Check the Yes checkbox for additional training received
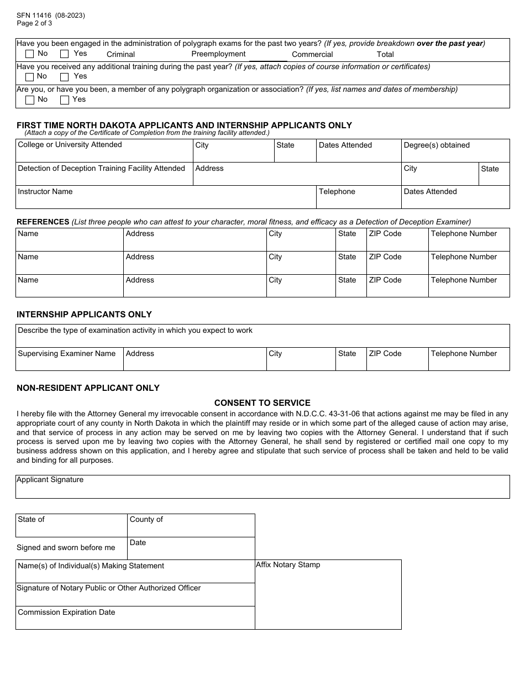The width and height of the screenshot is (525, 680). coord(64,77)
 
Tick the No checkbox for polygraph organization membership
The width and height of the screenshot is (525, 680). coord(30,100)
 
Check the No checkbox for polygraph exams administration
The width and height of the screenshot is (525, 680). coord(30,54)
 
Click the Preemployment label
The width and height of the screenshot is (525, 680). coord(218,54)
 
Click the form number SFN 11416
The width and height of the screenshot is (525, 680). coord(34,15)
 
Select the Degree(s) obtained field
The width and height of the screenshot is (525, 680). coord(455,151)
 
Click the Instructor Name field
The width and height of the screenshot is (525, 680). coord(166,197)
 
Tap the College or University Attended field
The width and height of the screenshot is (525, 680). coord(104,151)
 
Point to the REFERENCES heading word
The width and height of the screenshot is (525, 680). coord(43,222)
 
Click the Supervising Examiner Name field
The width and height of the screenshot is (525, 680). coord(69,359)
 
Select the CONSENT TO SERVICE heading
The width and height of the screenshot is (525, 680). coord(262,403)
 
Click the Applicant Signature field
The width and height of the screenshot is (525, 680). coord(262,487)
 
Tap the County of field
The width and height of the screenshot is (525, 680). coord(191,526)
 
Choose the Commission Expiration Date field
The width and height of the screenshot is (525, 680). coord(135,618)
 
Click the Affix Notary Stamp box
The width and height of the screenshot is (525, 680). coord(328,595)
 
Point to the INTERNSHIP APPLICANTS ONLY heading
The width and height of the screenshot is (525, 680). coord(84,315)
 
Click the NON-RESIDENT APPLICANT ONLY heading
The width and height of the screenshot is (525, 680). coord(88,388)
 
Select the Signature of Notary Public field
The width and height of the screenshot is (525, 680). coord(135,595)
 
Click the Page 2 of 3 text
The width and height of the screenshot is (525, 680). coord(34,23)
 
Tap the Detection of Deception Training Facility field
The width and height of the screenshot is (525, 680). coord(104,174)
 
